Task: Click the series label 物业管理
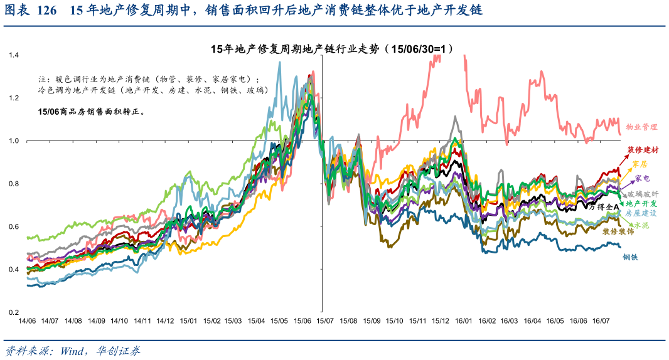641,127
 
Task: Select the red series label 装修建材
643,150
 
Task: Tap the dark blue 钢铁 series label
631,257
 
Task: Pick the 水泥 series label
641,225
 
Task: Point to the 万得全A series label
604,206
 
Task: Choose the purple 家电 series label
642,179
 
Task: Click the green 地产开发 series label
641,204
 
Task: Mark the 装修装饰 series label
618,231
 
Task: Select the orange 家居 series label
640,164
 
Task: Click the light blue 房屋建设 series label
641,213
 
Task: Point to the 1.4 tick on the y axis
14,55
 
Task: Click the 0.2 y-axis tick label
14,312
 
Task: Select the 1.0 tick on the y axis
14,141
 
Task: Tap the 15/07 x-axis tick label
325,320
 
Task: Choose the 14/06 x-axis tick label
26,320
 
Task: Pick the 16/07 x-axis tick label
601,320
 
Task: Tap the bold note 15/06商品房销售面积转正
92,112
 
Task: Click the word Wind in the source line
75,351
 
